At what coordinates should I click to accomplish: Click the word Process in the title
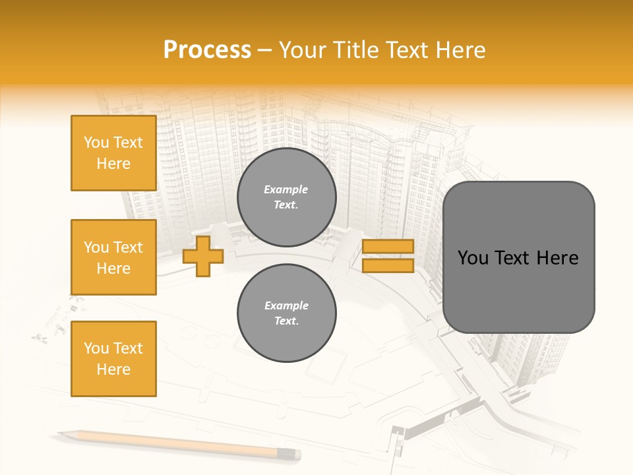tap(207, 50)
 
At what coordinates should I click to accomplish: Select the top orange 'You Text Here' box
tap(113, 153)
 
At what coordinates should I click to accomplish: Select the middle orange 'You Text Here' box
tap(113, 257)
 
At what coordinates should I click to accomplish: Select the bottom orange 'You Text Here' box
tap(113, 359)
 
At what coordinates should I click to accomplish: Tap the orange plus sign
tap(203, 256)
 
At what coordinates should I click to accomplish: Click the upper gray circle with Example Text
tap(286, 197)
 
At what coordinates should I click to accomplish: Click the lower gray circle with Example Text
tap(286, 313)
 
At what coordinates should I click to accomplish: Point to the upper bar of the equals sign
tap(388, 246)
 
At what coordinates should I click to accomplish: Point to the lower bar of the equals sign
tap(388, 266)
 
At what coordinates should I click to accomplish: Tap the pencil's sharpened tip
tap(61, 433)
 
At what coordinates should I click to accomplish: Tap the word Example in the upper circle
tap(286, 189)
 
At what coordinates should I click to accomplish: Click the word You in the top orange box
tap(96, 142)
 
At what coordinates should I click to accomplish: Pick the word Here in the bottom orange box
tap(113, 369)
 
